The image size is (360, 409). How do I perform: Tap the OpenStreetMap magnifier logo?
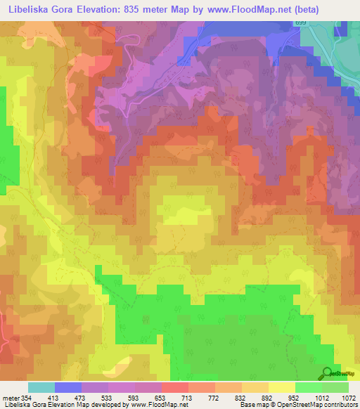point(326,372)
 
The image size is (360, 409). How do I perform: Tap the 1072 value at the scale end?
point(349,397)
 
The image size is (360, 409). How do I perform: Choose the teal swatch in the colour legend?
point(41,387)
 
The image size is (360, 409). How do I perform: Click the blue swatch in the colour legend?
point(67,387)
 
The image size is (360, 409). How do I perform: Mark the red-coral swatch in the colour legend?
point(174,387)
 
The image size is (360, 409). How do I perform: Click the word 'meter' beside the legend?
point(9,397)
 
